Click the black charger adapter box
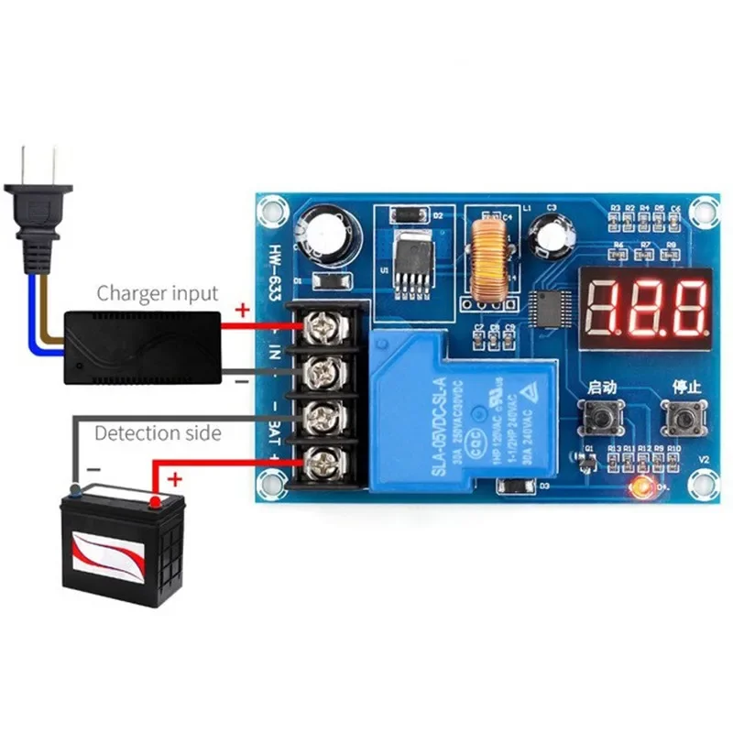coord(143,346)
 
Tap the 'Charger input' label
coord(158,293)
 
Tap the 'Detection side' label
coord(158,432)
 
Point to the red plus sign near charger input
coord(242,311)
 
